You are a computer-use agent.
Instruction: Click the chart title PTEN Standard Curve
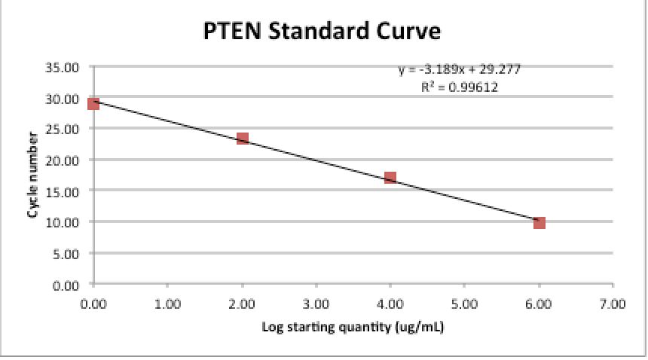[x=322, y=31]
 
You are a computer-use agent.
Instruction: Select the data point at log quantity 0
[x=93, y=103]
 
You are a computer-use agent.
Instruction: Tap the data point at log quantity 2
[x=243, y=139]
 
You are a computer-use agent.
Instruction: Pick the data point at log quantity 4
[x=390, y=178]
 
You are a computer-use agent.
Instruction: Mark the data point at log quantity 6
[x=539, y=223]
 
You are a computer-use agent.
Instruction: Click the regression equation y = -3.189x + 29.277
[x=460, y=69]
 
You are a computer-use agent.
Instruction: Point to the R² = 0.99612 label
[x=460, y=87]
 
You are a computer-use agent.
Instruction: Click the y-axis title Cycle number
[x=33, y=175]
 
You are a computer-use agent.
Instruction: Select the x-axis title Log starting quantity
[x=352, y=328]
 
